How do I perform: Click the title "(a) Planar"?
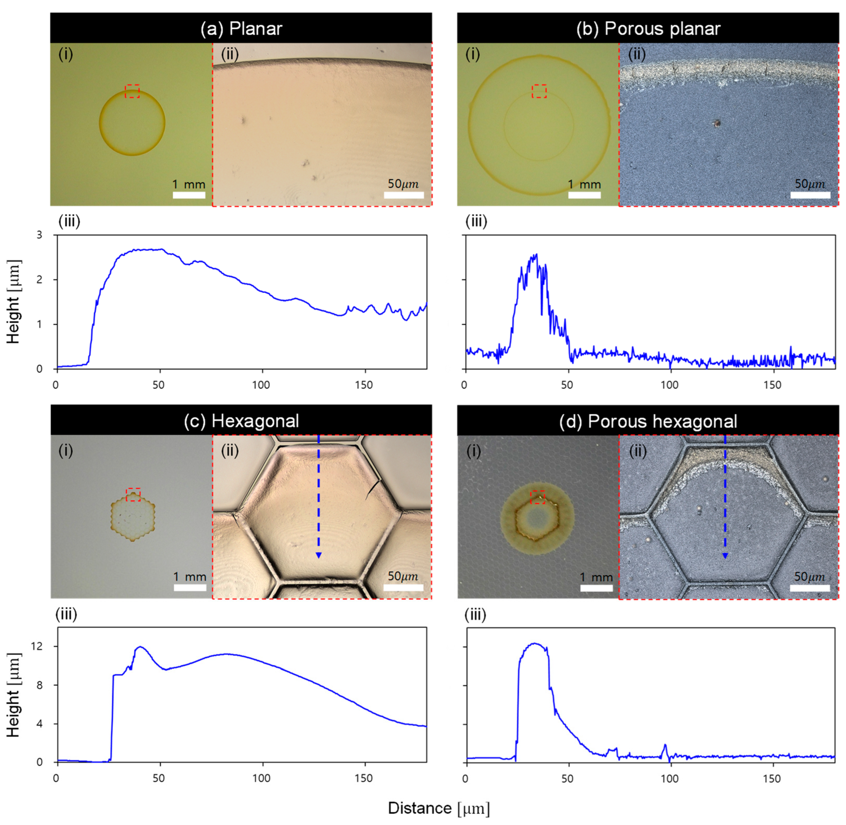click(241, 29)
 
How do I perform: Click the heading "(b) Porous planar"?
click(648, 29)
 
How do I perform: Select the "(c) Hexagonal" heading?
click(241, 421)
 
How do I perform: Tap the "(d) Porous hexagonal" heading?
click(648, 421)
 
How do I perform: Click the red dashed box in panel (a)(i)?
click(132, 91)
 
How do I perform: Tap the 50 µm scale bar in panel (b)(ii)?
click(810, 195)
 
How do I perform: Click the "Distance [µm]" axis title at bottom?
click(439, 808)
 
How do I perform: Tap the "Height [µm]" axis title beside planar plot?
click(14, 302)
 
